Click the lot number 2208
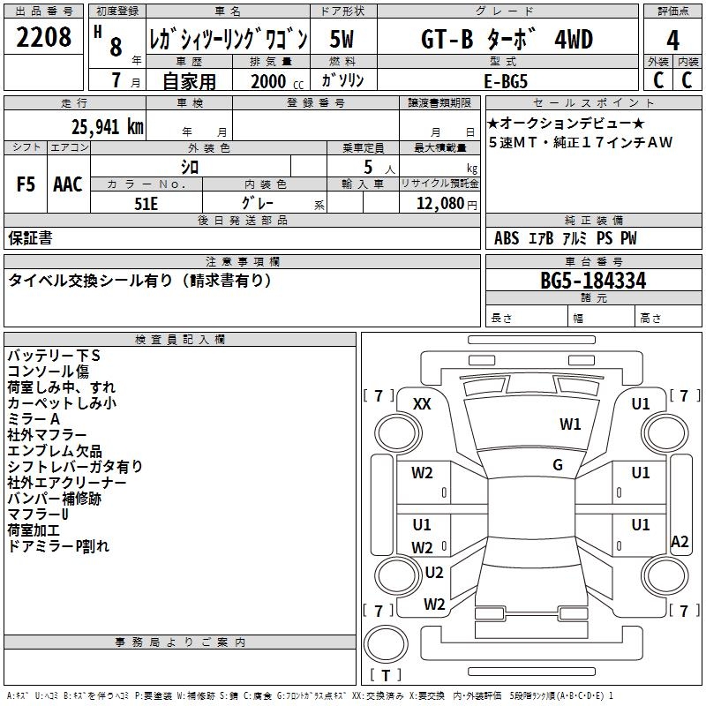coord(44,40)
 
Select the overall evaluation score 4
coord(672,41)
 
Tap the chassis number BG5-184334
coord(593,282)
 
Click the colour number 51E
coord(146,202)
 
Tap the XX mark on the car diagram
coord(422,403)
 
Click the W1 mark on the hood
coord(570,424)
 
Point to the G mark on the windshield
coord(558,465)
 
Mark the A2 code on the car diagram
coord(680,542)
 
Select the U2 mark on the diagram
coord(433,572)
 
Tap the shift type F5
coord(26,184)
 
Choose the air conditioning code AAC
coord(68,184)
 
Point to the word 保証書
coord(30,238)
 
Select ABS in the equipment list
coord(507,238)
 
